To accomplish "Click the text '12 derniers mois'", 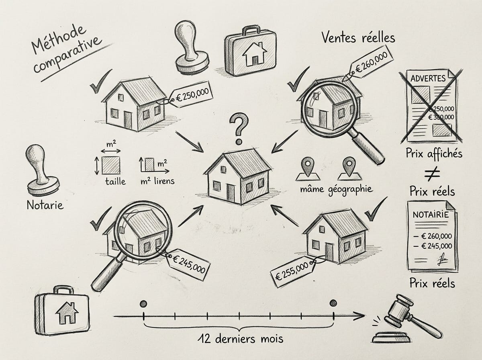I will tap(240, 338).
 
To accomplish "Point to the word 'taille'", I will tap(115, 181).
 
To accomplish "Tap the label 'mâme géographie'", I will tap(335, 189).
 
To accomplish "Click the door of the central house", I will tap(231, 192).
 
